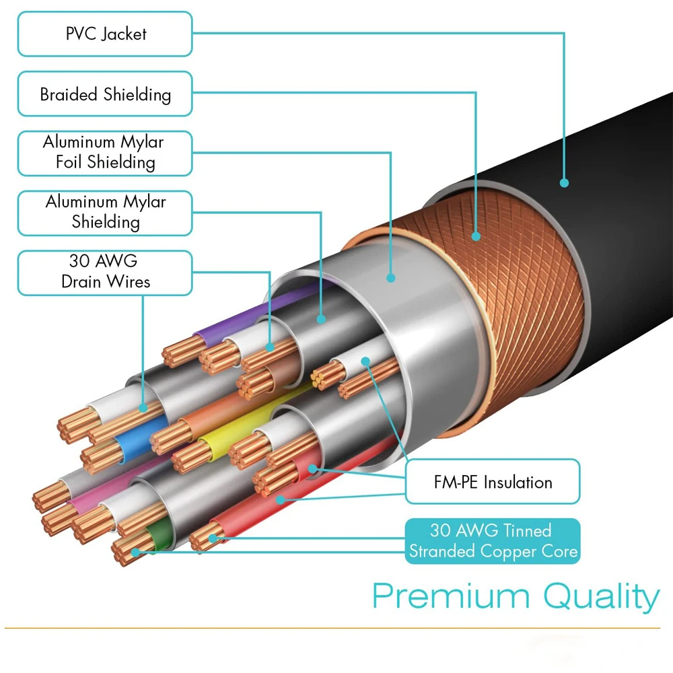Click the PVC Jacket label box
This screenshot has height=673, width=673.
click(105, 34)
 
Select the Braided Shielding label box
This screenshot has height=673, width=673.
click(105, 94)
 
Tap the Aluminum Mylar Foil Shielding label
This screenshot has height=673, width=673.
click(105, 153)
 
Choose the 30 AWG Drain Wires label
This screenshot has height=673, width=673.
click(105, 272)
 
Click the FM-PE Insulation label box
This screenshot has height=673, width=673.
click(493, 482)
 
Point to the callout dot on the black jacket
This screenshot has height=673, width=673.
click(564, 182)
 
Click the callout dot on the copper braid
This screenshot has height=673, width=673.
click(476, 236)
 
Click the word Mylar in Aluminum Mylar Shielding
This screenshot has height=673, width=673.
click(145, 202)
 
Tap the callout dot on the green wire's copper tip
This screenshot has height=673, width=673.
click(135, 553)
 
